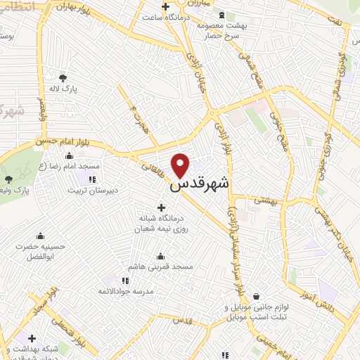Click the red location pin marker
[181, 165]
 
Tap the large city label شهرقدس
[200, 186]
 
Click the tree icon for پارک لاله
[63, 78]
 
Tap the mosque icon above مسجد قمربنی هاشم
[161, 256]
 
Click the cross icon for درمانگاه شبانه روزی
[162, 207]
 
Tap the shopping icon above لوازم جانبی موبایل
[255, 297]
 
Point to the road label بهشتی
[266, 200]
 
